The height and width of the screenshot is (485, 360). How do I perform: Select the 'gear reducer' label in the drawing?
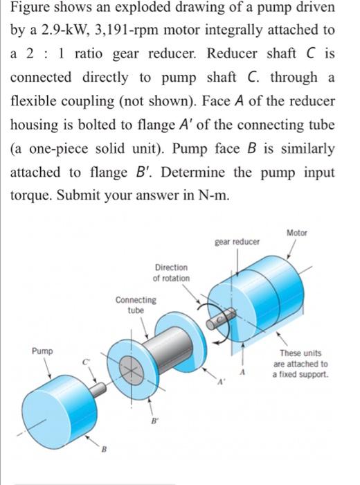tap(237, 242)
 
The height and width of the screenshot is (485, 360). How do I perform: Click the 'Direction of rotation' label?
tap(170, 272)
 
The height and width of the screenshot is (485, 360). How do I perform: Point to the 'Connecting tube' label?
tap(136, 305)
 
